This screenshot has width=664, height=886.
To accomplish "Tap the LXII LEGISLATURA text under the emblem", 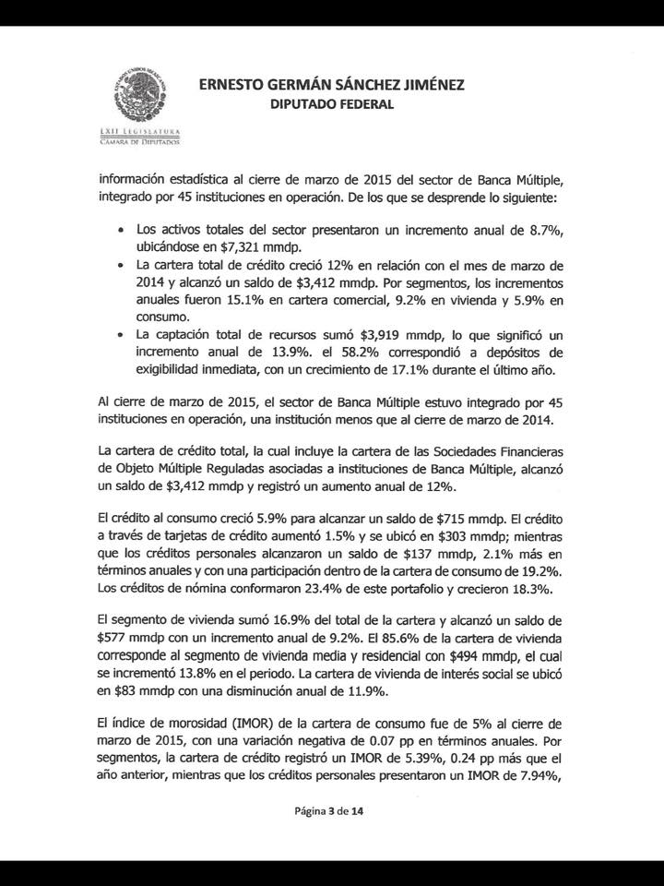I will coord(139,133).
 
